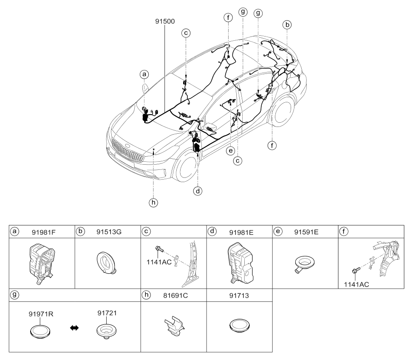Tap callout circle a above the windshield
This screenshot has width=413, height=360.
[144, 74]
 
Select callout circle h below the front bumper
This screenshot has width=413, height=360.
[153, 202]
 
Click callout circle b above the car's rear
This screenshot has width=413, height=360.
[288, 25]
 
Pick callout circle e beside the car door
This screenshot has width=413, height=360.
[231, 150]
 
